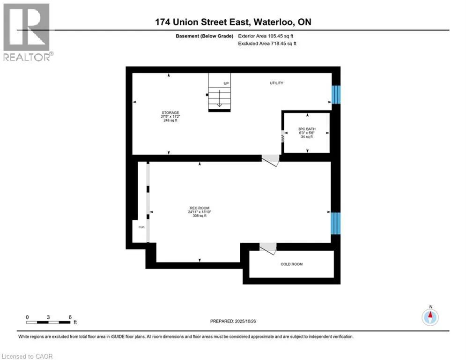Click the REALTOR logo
pyautogui.click(x=27, y=31)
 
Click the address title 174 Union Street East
pyautogui.click(x=233, y=22)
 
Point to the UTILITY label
pyautogui.click(x=276, y=83)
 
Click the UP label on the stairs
pyautogui.click(x=226, y=83)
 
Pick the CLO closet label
pyautogui.click(x=141, y=227)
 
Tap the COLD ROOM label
pyautogui.click(x=291, y=264)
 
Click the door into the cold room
pyautogui.click(x=269, y=248)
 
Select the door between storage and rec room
pyautogui.click(x=270, y=160)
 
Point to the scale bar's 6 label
pyautogui.click(x=70, y=317)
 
